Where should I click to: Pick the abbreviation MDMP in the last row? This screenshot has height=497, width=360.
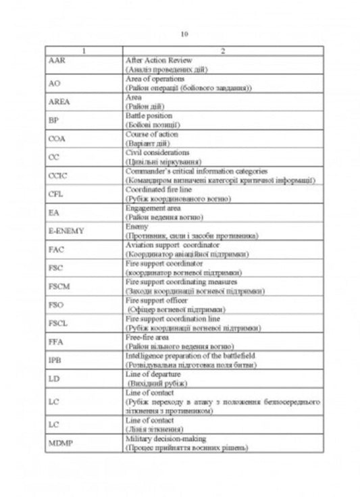(x=61, y=443)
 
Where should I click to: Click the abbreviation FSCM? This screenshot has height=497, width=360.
(x=59, y=286)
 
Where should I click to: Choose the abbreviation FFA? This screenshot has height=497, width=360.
(x=56, y=342)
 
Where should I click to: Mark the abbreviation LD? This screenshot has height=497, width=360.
(x=54, y=379)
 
